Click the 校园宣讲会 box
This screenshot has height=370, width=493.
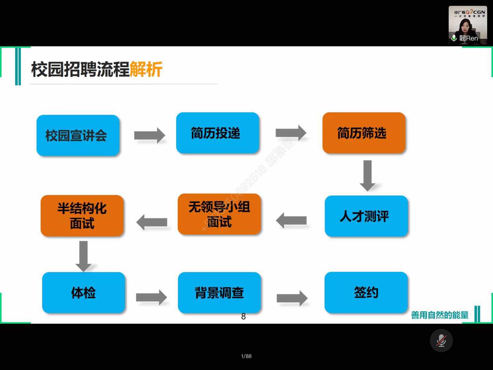[78, 135]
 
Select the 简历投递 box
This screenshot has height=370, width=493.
[217, 133]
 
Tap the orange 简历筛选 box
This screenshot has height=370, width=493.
[364, 133]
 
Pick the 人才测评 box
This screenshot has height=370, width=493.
[366, 216]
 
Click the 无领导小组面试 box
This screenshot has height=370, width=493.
[219, 214]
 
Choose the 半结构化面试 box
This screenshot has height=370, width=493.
[82, 215]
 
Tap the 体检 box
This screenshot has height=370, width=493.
[84, 293]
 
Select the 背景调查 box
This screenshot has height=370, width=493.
[219, 293]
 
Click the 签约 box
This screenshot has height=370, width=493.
[366, 293]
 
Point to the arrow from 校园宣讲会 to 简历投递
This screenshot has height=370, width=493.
[149, 135]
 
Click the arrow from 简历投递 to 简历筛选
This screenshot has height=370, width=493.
[291, 133]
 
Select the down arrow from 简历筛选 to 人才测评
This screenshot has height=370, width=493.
[367, 175]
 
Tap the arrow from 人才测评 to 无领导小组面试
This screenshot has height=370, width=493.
[291, 220]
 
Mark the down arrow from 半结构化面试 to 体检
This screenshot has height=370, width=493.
[83, 256]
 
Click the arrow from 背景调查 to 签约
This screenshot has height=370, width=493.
[292, 298]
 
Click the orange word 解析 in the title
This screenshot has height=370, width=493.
[146, 70]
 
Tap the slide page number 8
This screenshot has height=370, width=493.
[243, 317]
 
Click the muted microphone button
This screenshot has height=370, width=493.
[441, 341]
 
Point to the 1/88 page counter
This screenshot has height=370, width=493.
[246, 356]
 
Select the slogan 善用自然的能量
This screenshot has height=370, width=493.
[440, 315]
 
